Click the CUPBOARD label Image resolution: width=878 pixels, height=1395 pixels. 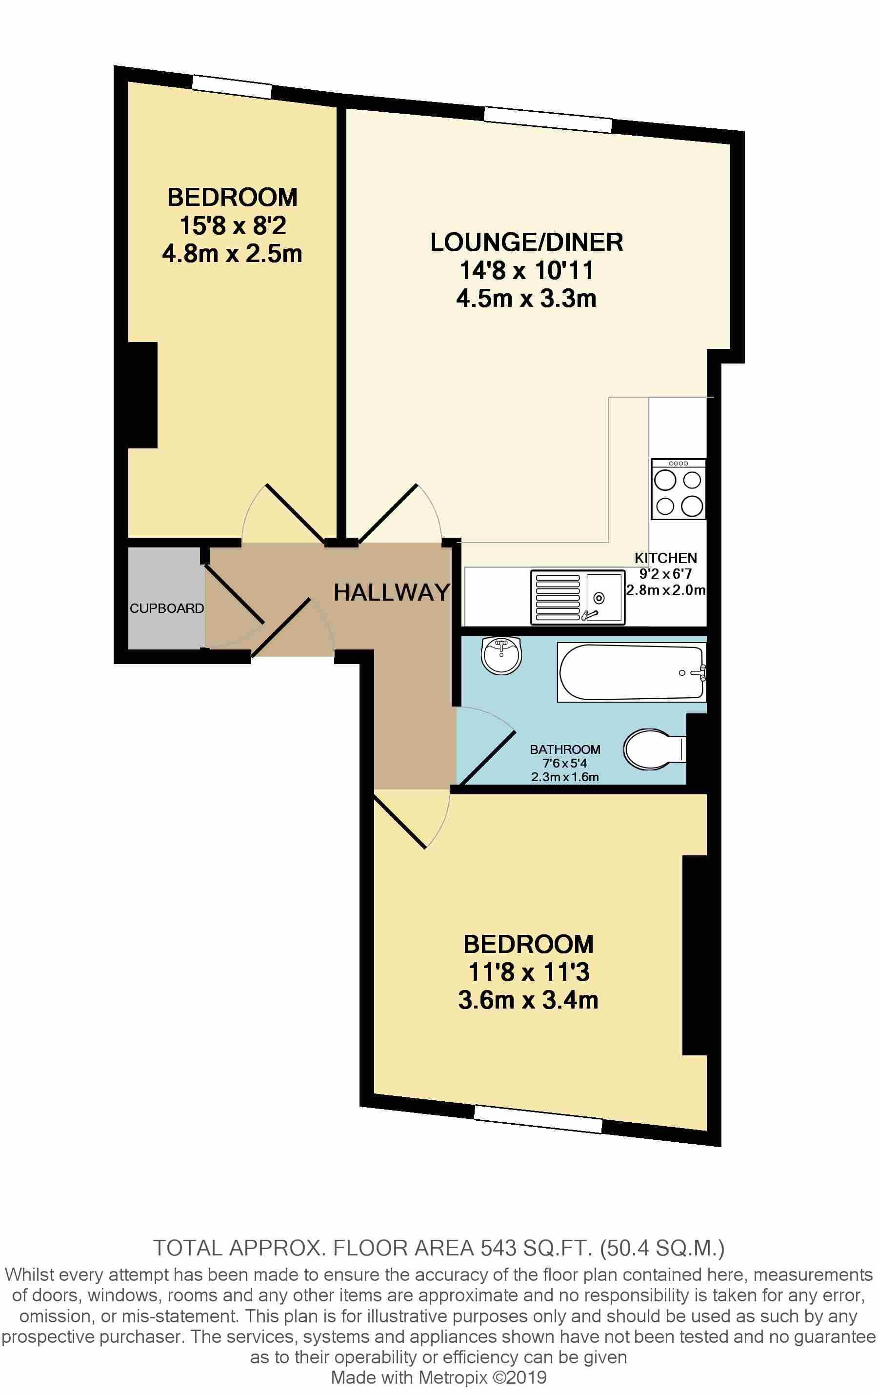point(166,608)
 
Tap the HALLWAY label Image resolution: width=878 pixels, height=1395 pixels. point(392,592)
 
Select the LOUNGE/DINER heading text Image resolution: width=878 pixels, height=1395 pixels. point(526,242)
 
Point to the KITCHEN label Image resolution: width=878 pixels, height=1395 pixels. point(665,558)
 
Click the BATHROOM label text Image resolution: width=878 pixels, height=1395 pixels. point(565,749)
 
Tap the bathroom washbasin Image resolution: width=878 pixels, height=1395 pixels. point(501,656)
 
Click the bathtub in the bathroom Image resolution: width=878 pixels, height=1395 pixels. point(631,672)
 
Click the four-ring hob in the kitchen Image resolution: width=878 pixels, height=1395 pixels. point(678,489)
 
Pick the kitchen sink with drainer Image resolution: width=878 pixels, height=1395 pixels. point(578,597)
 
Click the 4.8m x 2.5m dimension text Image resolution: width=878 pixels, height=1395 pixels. point(232,254)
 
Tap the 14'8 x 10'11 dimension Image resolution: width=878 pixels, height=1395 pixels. point(526,270)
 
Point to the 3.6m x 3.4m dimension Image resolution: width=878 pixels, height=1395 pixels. point(528,1000)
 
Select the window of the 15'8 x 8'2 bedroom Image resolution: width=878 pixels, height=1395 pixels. point(232,87)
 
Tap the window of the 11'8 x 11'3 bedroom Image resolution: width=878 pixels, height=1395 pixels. point(538,1119)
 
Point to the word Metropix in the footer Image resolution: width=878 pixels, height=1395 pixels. point(452,1377)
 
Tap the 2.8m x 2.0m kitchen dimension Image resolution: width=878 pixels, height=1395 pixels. point(665,590)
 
